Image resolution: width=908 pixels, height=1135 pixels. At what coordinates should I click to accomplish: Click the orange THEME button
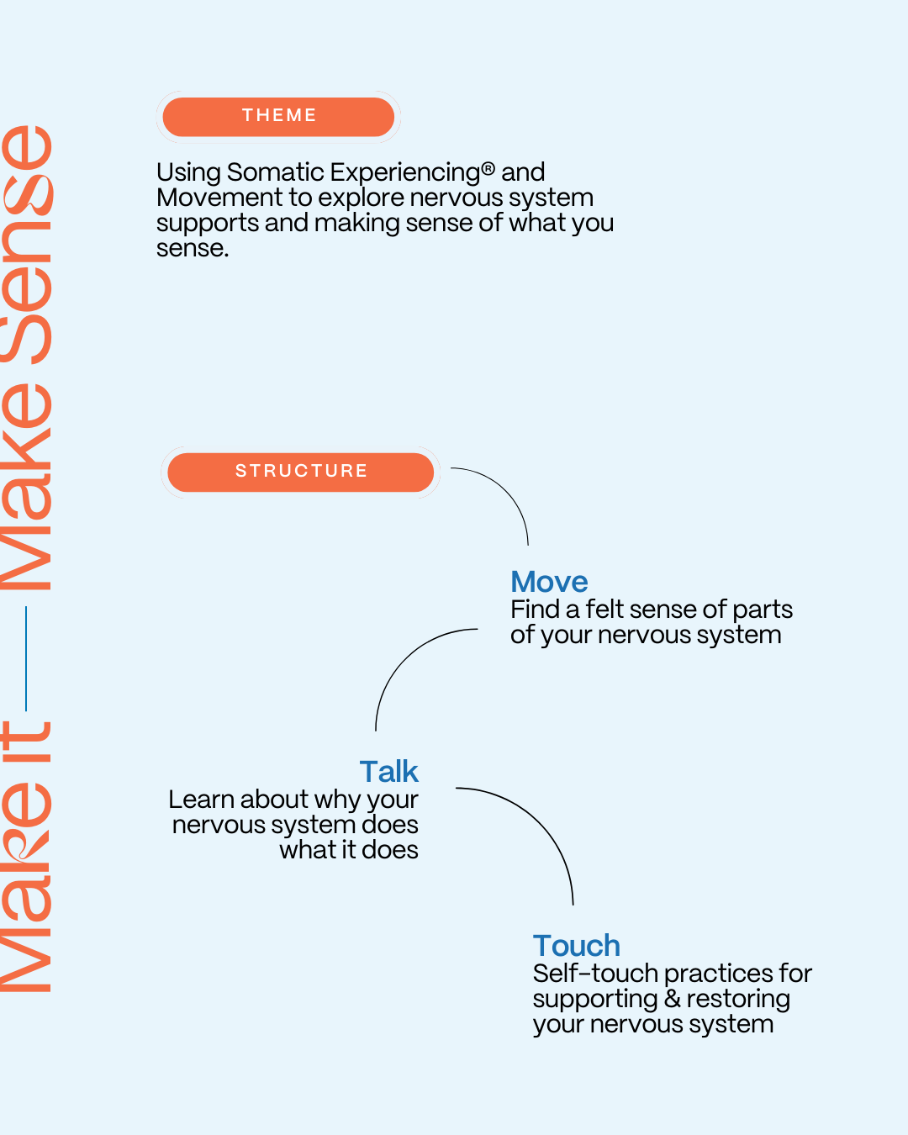(x=278, y=116)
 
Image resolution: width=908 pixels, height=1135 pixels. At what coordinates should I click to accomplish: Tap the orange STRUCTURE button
(x=300, y=472)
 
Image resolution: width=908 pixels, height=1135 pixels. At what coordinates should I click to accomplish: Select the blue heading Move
(x=549, y=582)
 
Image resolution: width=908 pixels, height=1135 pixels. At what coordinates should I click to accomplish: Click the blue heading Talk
(x=388, y=772)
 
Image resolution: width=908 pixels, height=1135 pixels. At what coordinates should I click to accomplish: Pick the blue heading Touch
(x=576, y=946)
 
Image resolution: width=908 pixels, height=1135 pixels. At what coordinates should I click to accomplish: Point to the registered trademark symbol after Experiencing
(x=488, y=169)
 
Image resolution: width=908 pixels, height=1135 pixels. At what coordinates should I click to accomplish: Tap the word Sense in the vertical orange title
(x=28, y=244)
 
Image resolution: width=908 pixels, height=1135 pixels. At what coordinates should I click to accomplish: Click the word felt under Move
(x=605, y=610)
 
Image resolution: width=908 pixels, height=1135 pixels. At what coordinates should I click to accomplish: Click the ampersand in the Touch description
(x=672, y=999)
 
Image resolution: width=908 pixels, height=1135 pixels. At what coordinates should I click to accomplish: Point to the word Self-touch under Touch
(x=595, y=974)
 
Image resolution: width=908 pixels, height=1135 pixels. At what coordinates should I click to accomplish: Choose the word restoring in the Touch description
(x=738, y=999)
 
